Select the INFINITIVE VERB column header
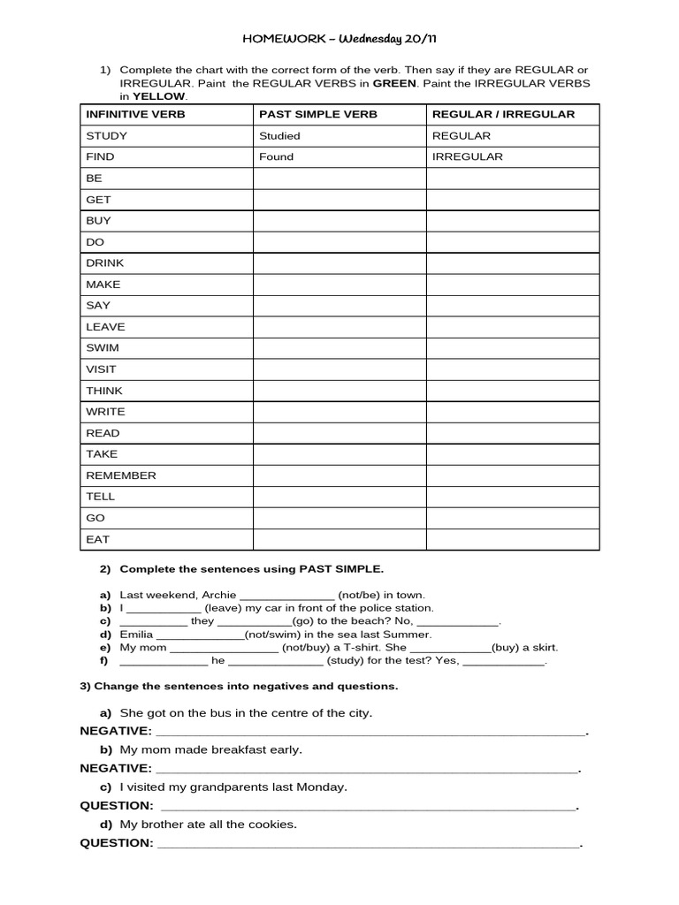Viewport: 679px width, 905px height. click(135, 114)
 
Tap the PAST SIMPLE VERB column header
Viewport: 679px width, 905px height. click(317, 114)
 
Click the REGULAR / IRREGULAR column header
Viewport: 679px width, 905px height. click(503, 114)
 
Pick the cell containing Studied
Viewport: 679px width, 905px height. click(279, 136)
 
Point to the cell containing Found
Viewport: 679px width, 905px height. click(276, 157)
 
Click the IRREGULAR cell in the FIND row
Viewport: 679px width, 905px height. click(467, 157)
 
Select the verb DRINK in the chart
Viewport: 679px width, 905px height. click(105, 263)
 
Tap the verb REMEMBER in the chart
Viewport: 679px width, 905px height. click(121, 475)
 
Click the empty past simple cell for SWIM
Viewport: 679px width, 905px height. click(339, 348)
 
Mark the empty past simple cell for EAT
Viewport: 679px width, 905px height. click(339, 539)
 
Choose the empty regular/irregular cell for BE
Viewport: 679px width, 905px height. click(513, 179)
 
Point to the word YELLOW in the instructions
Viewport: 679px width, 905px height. click(159, 96)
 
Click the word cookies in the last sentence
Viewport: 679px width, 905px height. click(271, 825)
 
